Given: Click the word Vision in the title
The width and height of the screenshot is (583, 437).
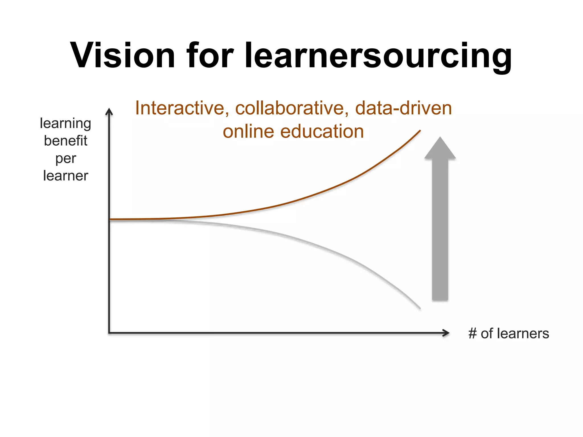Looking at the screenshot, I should pyautogui.click(x=122, y=55).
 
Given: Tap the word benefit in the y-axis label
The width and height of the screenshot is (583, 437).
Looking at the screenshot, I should pyautogui.click(x=65, y=141).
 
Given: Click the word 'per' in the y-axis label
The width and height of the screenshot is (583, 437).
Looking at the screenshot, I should pyautogui.click(x=66, y=159).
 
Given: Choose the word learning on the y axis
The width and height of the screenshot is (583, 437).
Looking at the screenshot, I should pyautogui.click(x=65, y=123).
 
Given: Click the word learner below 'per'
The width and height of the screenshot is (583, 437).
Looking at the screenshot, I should pyautogui.click(x=65, y=176).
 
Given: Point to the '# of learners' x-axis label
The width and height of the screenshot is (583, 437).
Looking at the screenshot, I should pyautogui.click(x=508, y=333).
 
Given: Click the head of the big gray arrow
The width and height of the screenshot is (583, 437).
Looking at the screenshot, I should pyautogui.click(x=440, y=149).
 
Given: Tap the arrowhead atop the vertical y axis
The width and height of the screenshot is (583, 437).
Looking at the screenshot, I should pyautogui.click(x=109, y=112).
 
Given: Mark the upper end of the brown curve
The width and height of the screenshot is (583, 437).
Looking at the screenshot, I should pyautogui.click(x=420, y=131).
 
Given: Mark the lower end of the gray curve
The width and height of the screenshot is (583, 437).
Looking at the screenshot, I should pyautogui.click(x=420, y=308).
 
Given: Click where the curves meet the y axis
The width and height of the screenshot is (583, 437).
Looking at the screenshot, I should pyautogui.click(x=110, y=219).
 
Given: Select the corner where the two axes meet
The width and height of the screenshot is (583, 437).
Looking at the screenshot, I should pyautogui.click(x=109, y=333).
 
